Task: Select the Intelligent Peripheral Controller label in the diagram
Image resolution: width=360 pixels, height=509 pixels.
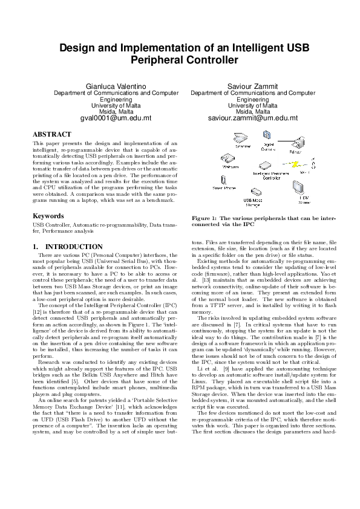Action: tap(267, 176)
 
